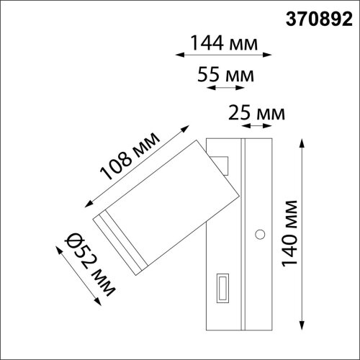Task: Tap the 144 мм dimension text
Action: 222,43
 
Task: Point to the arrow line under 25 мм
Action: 258,125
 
